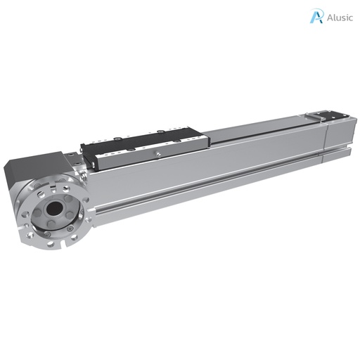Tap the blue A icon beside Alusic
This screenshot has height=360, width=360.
coord(317,17)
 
